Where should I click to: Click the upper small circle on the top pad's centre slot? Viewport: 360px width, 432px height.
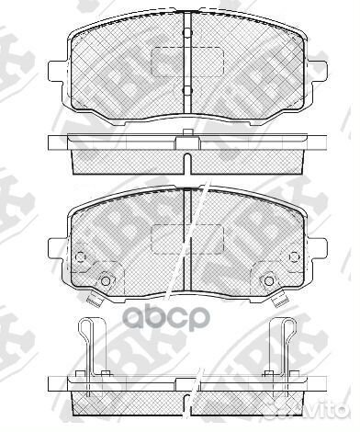[186, 36]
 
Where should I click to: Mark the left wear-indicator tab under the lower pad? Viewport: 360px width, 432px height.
[92, 296]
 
